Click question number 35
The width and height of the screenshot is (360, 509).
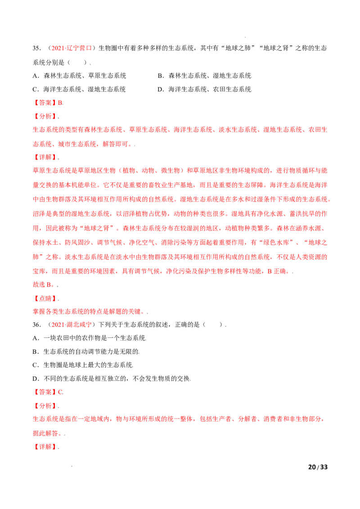point(37,49)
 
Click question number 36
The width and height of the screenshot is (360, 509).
point(37,325)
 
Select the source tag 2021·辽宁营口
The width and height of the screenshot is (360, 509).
point(72,49)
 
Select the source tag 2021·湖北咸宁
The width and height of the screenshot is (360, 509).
point(72,325)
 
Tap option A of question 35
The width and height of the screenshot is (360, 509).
point(79,76)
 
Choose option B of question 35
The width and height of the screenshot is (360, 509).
point(205,76)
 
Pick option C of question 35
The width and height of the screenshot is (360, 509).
point(79,89)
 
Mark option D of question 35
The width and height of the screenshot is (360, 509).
point(205,89)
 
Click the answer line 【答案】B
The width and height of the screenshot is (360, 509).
point(48,103)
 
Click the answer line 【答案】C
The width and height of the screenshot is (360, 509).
point(48,392)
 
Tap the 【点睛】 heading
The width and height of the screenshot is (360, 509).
point(45,298)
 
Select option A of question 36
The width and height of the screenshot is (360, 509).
point(90,338)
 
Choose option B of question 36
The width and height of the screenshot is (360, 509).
point(86,352)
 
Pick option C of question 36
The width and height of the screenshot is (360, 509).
point(83,365)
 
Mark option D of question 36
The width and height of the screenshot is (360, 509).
point(112,379)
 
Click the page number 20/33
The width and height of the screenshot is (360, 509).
point(318,467)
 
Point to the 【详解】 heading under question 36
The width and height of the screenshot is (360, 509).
point(45,446)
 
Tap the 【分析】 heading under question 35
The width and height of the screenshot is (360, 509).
point(45,116)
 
